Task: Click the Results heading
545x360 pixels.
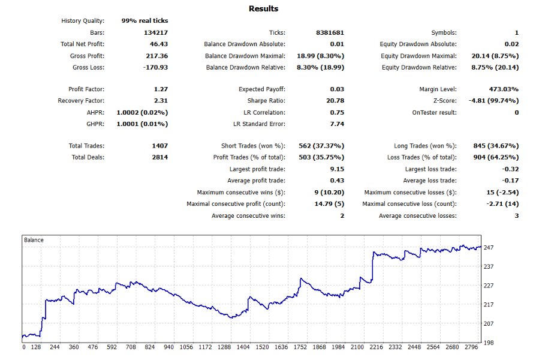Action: tap(264, 9)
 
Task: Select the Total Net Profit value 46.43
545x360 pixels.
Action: tap(159, 44)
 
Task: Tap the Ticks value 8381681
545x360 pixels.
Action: tap(330, 32)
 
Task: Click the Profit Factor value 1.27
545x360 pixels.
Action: tap(161, 89)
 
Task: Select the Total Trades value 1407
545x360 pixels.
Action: tap(159, 146)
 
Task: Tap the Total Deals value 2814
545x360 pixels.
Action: tap(159, 157)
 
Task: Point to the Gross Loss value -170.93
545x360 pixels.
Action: tap(156, 67)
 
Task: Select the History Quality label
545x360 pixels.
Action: tap(83, 21)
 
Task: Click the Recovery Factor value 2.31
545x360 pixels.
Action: tap(161, 101)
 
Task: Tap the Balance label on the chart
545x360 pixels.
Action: tap(34, 240)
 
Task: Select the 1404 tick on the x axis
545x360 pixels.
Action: tap(244, 347)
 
